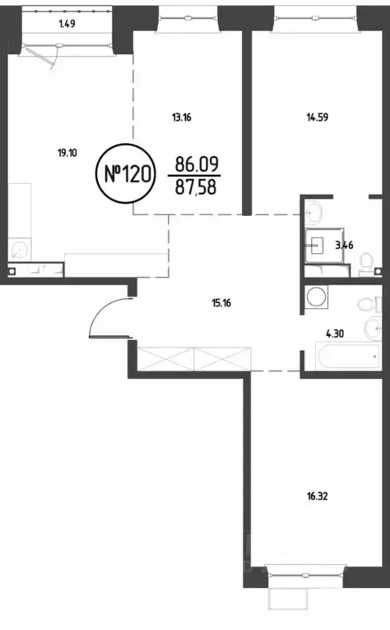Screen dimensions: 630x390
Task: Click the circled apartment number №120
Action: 124,174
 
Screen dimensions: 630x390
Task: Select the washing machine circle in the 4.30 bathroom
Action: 316,296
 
